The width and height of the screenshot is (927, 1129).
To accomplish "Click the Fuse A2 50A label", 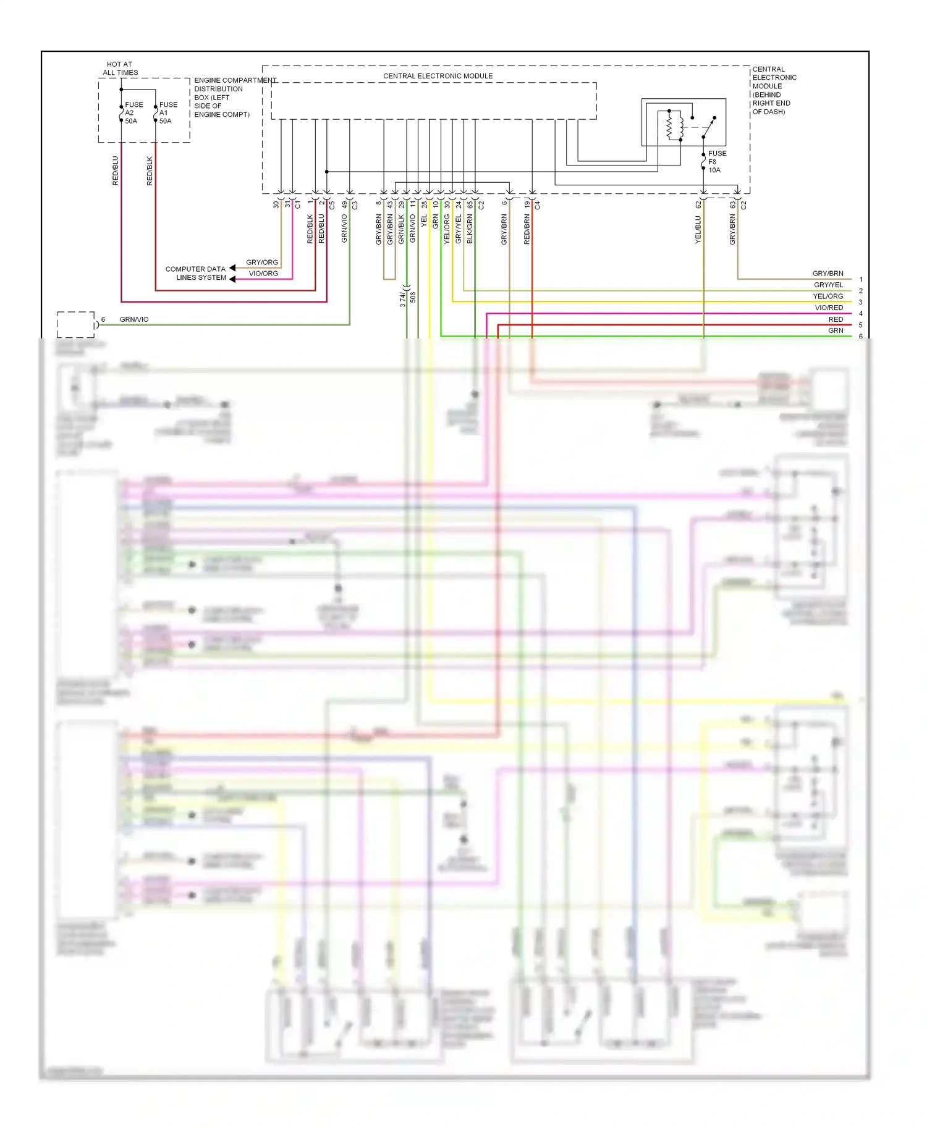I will click(133, 113).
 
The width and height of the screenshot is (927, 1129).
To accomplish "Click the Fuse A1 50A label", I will click(168, 113).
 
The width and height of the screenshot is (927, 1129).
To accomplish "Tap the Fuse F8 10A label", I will click(717, 162).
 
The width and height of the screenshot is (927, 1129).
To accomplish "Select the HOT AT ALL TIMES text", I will click(120, 69).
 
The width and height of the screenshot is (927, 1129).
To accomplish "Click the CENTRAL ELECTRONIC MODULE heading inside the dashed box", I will click(438, 76).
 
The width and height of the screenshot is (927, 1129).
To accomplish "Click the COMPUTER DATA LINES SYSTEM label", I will click(196, 274).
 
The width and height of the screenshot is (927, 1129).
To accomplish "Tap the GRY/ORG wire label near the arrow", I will click(262, 262).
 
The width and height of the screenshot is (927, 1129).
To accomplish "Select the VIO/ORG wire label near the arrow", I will click(263, 274).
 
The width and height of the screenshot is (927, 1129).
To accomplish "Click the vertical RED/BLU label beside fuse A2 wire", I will click(115, 170).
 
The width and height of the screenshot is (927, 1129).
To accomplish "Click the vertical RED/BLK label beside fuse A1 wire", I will click(150, 170).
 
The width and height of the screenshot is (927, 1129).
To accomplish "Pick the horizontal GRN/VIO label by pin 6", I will click(134, 319).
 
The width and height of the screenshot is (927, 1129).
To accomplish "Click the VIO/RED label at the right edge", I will click(829, 308).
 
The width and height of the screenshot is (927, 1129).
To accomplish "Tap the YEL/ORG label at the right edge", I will click(828, 296).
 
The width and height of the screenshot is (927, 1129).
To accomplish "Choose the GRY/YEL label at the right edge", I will click(828, 285).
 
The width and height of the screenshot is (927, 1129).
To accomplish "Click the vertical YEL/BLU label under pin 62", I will click(698, 229).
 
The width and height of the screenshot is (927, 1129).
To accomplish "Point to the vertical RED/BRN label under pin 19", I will click(527, 229).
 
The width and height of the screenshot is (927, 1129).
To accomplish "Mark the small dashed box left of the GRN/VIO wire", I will click(75, 324).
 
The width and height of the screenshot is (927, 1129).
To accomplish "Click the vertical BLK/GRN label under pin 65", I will click(470, 229).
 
